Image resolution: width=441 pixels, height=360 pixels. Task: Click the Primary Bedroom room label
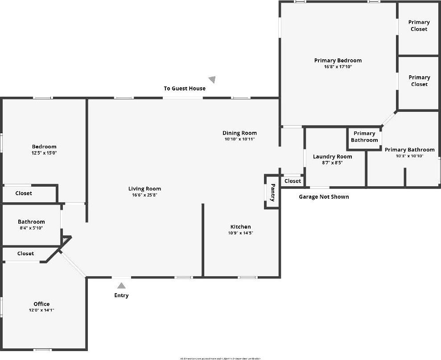coord(338,61)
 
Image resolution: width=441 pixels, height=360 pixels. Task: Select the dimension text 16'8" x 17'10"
coord(338,67)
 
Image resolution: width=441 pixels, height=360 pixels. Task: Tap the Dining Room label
coord(239,133)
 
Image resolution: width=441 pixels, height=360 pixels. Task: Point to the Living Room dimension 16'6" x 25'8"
coord(144,195)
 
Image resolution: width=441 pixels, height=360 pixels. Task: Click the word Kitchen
coord(240,227)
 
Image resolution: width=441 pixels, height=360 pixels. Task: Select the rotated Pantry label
coord(273,192)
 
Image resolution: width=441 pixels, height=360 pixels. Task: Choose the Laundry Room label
coord(332,156)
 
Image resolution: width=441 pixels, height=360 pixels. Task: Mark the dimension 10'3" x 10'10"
coord(409,156)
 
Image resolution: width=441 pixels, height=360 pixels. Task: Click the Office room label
coord(41,304)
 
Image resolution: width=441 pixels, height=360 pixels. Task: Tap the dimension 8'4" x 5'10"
coord(31,228)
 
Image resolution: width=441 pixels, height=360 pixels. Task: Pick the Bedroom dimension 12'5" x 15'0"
coord(44,153)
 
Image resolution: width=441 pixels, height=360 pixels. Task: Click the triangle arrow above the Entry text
coord(121,286)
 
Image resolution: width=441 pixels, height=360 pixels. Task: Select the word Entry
coord(121,295)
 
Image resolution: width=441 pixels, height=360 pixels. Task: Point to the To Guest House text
coord(185,89)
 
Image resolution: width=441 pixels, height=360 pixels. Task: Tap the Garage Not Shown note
coord(324,196)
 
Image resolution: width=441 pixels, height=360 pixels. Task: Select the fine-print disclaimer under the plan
coord(220,358)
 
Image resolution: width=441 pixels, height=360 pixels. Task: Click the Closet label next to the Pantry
coord(293,181)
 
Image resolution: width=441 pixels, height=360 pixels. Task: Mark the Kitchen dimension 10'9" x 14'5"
coord(240,233)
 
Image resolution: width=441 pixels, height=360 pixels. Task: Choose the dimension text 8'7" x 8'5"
coord(332,163)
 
